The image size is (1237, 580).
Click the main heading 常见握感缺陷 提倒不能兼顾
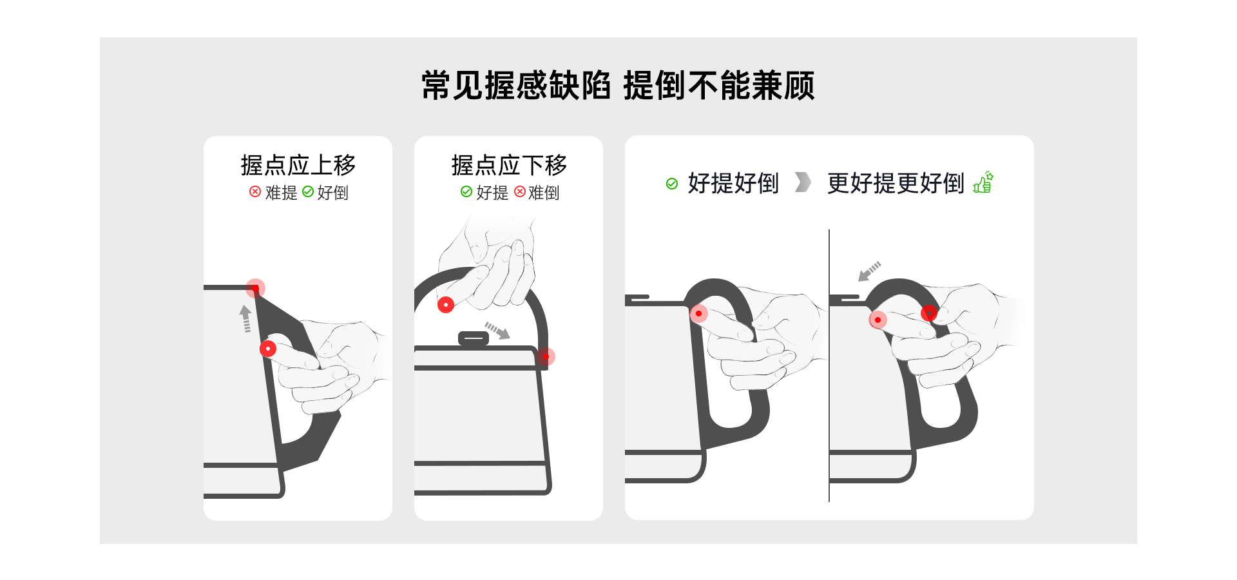[618, 85]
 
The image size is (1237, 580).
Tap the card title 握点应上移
[298, 166]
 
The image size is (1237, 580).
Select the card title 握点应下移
[509, 166]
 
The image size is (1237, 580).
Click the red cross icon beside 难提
[255, 191]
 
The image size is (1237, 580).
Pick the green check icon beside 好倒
[308, 191]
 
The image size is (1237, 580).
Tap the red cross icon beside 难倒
[520, 191]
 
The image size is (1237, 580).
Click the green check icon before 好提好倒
[672, 184]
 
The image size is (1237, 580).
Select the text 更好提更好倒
[896, 183]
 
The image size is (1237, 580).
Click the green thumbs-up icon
[983, 182]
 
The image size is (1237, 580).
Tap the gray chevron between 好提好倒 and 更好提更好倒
[803, 182]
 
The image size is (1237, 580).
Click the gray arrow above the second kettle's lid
[497, 331]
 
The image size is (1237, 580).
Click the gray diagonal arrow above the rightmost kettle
[869, 271]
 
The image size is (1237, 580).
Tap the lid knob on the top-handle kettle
[474, 338]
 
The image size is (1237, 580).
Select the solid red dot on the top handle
[446, 305]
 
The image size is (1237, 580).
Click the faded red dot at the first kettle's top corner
[256, 287]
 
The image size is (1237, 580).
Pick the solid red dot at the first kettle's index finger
[268, 349]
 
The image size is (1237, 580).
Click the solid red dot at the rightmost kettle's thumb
[929, 313]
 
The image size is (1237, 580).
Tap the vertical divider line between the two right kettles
[829, 365]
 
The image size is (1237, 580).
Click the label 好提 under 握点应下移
[492, 192]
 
